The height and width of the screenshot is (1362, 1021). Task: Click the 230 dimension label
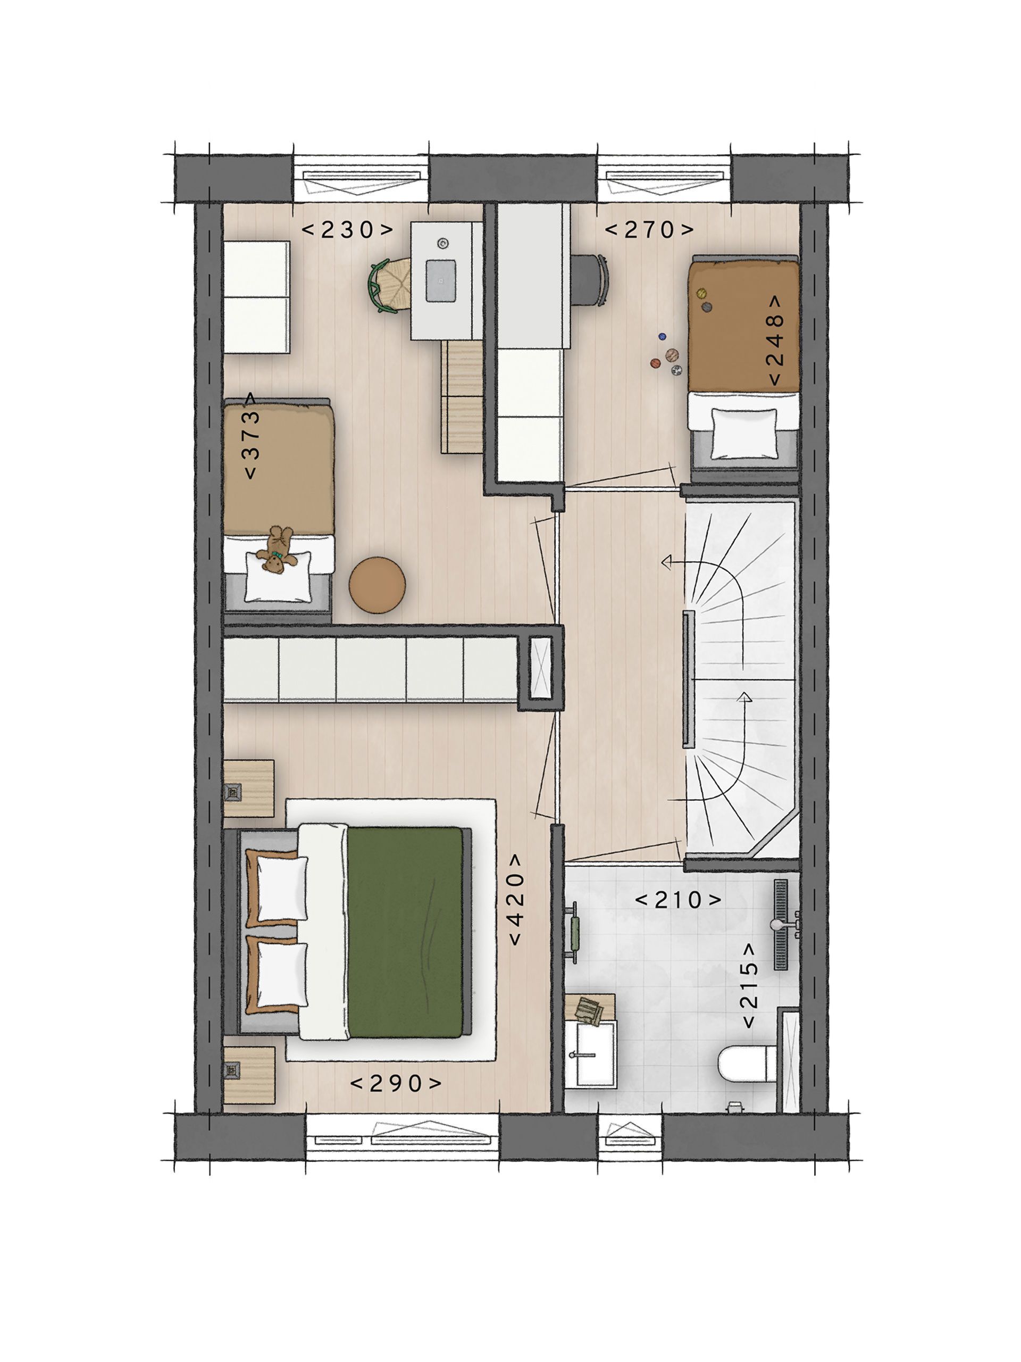point(348,230)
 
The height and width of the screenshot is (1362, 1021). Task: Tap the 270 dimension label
point(649,230)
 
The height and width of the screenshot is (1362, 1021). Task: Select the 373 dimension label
point(252,436)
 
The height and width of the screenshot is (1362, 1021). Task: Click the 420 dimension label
point(515,900)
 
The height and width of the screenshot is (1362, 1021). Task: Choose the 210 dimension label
point(677,900)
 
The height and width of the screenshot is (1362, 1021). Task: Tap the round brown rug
point(376,585)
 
